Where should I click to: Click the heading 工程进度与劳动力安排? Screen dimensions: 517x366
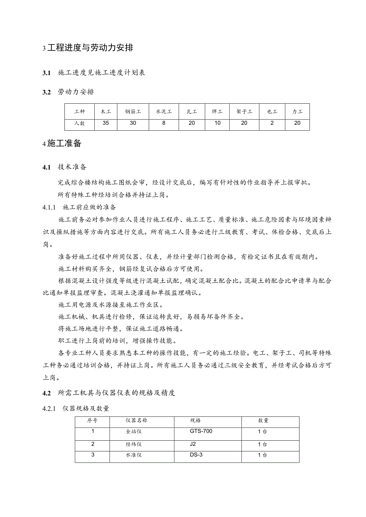click(90, 48)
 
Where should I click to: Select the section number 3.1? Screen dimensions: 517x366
click(47, 73)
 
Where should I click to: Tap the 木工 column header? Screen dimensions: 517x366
click(106, 112)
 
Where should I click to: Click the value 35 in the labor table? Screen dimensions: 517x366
click(106, 123)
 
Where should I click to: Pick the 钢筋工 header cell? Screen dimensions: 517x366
click(133, 112)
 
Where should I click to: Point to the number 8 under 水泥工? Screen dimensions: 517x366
click(164, 123)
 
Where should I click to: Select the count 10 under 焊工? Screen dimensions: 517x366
click(217, 123)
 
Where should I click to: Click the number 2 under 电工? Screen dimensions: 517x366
click(272, 123)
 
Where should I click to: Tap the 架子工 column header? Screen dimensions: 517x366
click(244, 112)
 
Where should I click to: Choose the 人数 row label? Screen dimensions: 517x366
click(80, 123)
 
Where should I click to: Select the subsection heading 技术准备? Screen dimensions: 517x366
click(72, 167)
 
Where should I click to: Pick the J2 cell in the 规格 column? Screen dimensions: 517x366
click(193, 444)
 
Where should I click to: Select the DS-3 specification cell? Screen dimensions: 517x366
click(196, 455)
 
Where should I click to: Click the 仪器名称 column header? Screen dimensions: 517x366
click(136, 420)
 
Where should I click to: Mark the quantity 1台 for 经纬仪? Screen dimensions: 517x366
click(262, 444)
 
